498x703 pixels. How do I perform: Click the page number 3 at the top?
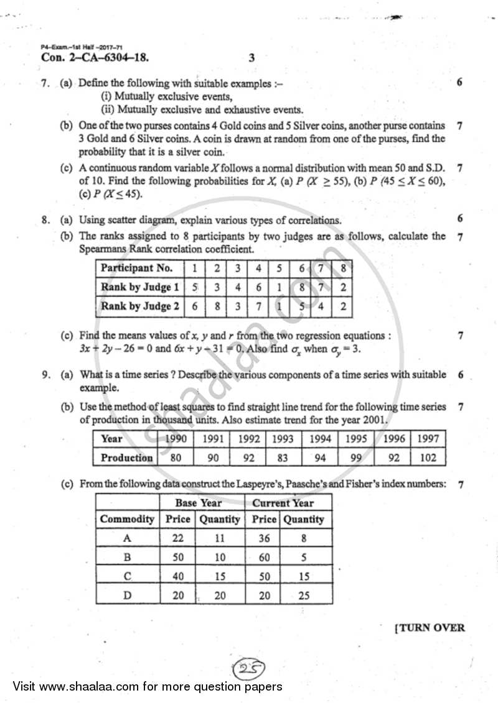tap(251, 58)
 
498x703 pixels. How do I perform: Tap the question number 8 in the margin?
tap(45, 219)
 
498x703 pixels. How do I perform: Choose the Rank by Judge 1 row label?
tap(139, 287)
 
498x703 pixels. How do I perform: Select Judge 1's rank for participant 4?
tap(258, 287)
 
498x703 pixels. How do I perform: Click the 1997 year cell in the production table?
tap(428, 439)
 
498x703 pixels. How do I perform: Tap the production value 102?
tap(428, 457)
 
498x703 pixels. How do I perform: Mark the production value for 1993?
tap(283, 457)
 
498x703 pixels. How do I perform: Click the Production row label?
tap(126, 457)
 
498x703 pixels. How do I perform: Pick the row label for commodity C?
tap(127, 576)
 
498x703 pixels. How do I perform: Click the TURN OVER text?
tap(430, 627)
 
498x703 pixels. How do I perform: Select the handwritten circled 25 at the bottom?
tap(249, 669)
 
